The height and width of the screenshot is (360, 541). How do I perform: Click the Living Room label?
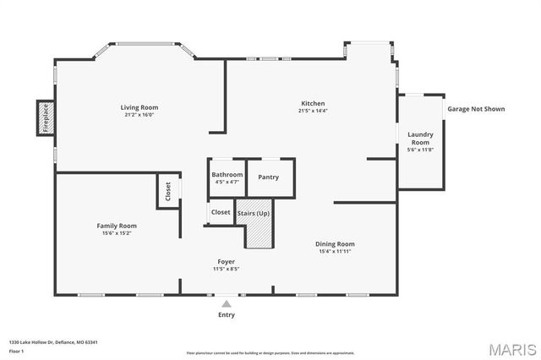point(139,107)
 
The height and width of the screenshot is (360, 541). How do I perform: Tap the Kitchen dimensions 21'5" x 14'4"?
point(312,111)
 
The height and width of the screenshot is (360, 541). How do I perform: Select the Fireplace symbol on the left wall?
point(45,118)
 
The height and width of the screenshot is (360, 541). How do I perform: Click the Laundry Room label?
point(420,139)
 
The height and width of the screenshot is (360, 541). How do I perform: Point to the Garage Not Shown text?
point(476,109)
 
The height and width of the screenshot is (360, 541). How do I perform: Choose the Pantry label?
point(268,177)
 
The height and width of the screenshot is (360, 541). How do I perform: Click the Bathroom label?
point(227,174)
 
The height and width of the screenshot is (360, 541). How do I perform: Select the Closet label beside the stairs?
point(221,212)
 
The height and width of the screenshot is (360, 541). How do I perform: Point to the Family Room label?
point(117,226)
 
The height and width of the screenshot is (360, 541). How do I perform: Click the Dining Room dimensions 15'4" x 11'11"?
point(335,251)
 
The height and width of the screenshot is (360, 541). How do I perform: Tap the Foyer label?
point(226,262)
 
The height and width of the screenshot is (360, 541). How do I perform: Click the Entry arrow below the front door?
point(227,302)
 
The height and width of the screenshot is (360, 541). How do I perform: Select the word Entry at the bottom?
point(227,314)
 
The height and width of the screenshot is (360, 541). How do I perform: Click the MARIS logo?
point(510,348)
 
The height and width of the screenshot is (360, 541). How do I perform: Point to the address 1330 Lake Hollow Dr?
point(53,342)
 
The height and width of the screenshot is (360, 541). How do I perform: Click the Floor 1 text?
point(16,351)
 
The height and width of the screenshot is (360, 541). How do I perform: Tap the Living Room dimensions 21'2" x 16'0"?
point(139,115)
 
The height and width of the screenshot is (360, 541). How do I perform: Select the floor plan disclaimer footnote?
point(270,352)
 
